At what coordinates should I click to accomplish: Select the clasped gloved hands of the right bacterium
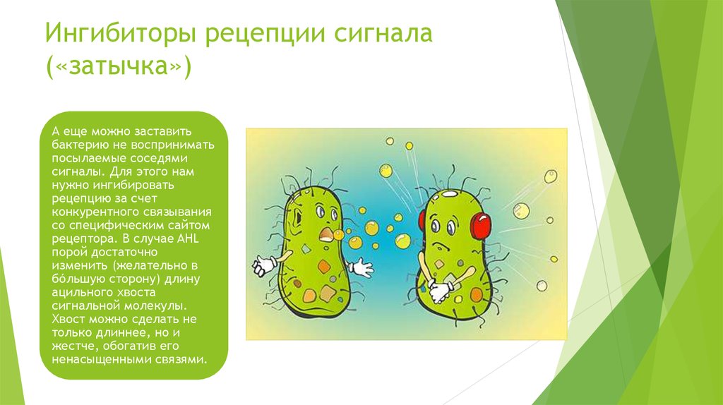[x=441, y=289]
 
